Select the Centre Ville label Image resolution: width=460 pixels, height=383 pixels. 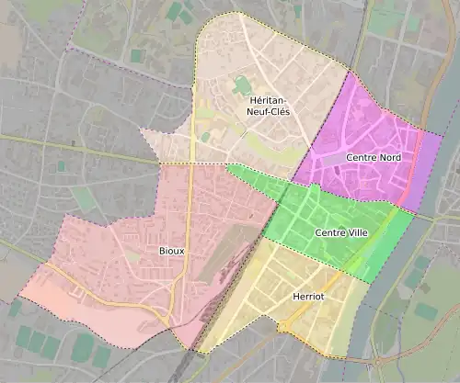(x=340, y=233)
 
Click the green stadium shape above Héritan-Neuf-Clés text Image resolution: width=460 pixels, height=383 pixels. (x=242, y=85)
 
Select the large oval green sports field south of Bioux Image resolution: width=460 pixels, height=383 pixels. (x=83, y=346)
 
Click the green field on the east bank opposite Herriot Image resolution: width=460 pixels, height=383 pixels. (x=425, y=310)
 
